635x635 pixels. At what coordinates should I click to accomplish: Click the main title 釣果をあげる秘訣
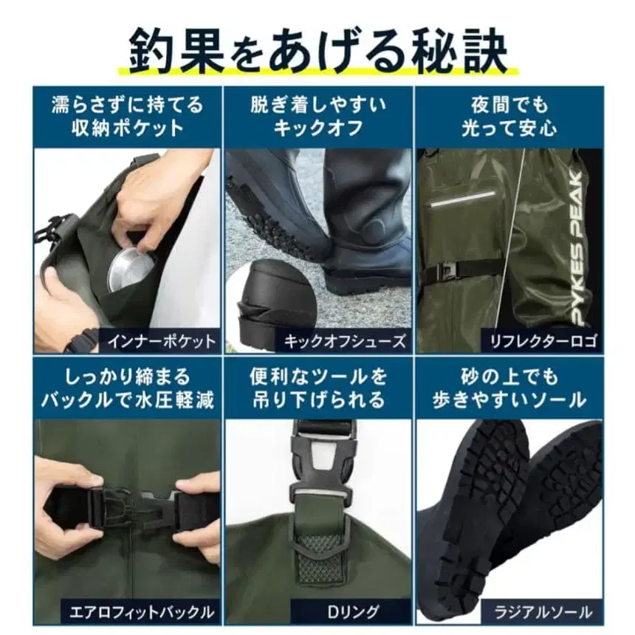317,49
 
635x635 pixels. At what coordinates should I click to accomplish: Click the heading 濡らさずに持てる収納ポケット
127,116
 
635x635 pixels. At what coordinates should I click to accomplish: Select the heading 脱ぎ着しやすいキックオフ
317,116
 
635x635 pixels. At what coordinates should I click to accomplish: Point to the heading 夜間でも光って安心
509,116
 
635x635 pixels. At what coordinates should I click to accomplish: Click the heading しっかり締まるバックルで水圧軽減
127,389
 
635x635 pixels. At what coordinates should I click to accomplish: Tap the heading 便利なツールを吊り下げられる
317,389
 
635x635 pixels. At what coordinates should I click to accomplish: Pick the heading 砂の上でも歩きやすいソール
509,389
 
